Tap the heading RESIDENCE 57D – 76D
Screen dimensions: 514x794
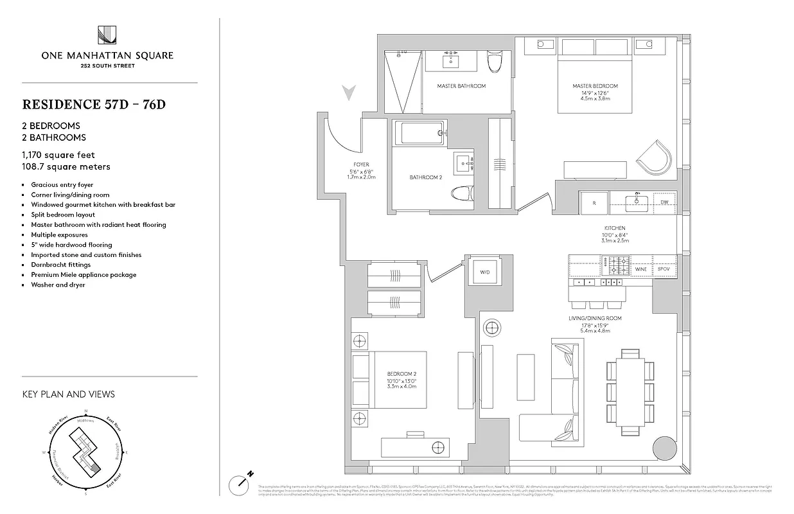tap(94, 104)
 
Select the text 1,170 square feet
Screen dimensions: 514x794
tap(58, 155)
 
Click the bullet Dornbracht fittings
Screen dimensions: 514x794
tap(61, 265)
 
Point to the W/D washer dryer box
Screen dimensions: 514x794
tap(484, 272)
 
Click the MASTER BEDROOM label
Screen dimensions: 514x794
tap(595, 86)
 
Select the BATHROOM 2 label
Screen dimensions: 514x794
tap(426, 177)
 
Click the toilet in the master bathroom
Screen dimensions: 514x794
tap(494, 62)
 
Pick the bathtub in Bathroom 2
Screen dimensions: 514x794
tap(419, 134)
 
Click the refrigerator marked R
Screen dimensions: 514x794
tap(594, 202)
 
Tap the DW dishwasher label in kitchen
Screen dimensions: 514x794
tap(664, 202)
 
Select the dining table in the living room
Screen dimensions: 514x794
tap(630, 391)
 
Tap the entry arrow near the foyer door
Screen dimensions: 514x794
tap(349, 93)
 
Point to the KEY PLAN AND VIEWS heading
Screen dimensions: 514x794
tap(68, 394)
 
